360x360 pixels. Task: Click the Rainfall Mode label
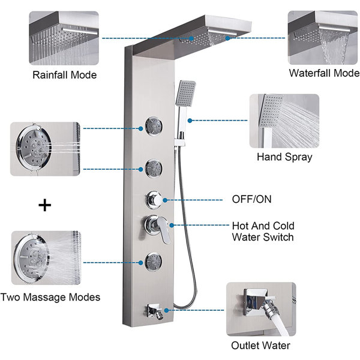[64, 75]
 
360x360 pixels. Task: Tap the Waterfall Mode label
[323, 73]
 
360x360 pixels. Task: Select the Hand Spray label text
[284, 157]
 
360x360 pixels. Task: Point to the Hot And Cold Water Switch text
[263, 232]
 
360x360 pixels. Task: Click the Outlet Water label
[260, 345]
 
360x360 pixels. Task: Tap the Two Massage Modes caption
[50, 297]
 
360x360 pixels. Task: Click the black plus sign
[44, 205]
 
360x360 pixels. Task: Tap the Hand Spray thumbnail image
[284, 121]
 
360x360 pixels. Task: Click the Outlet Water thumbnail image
[260, 308]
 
